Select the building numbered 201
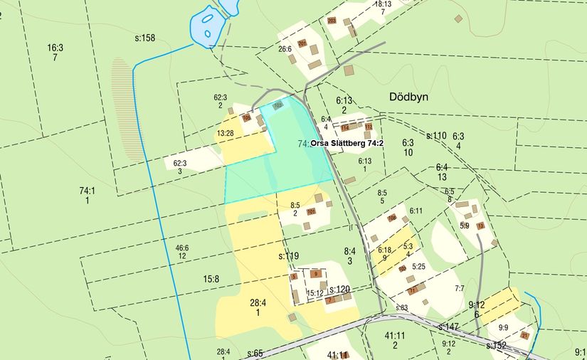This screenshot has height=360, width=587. [x=302, y=43]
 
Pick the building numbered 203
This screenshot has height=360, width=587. [x=332, y=21]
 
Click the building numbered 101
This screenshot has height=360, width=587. [x=311, y=211]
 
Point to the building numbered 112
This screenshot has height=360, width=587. [x=369, y=127]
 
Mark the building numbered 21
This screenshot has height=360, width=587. [x=525, y=336]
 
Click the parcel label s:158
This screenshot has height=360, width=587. [x=144, y=38]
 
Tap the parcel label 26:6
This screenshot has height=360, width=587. [x=285, y=50]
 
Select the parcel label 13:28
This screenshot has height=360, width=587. [x=226, y=133]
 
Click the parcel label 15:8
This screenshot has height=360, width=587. [x=211, y=279]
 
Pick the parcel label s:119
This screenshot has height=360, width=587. [x=288, y=256]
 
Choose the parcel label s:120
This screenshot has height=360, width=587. [x=340, y=289]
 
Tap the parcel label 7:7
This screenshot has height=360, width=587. [x=460, y=288]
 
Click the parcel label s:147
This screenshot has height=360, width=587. [x=449, y=327]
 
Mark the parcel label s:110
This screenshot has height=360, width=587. [x=436, y=135]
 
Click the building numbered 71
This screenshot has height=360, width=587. [x=411, y=290]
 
